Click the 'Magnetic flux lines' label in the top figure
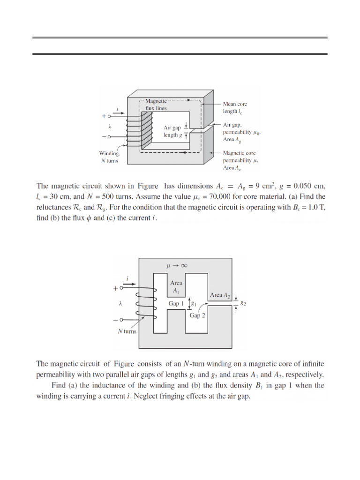(156, 105)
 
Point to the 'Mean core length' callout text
(234, 107)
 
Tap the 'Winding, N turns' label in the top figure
(110, 157)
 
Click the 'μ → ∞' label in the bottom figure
(177, 265)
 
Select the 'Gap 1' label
(177, 303)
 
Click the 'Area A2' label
(220, 295)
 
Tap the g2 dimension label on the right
(243, 303)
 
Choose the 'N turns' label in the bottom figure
(126, 331)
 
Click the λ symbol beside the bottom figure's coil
(121, 303)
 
